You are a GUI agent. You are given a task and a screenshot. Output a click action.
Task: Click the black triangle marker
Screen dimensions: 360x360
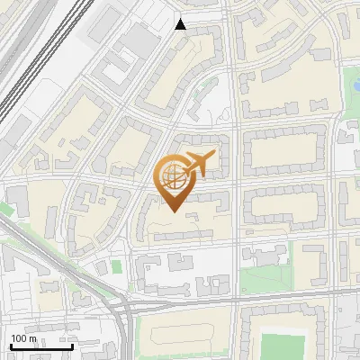coord(181,24)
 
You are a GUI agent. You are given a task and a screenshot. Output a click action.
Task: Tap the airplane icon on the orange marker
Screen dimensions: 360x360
coord(198,164)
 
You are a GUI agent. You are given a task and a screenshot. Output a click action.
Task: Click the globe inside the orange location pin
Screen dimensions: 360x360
coord(172,176)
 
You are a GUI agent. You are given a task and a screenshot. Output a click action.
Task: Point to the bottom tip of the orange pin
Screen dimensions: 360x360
coord(173,212)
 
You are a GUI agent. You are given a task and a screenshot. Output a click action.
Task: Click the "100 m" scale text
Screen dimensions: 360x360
coord(23,337)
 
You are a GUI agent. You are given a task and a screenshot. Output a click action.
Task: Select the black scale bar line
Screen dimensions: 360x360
coord(40,346)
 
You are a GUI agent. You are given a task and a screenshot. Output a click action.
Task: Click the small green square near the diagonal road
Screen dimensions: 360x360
coord(116,267)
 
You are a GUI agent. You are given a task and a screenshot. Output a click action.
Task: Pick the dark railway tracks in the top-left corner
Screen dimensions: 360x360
coord(27,54)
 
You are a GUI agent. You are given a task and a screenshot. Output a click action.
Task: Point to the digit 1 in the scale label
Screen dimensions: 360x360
coord(13,337)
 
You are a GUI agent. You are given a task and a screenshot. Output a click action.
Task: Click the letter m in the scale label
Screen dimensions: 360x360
coord(33,338)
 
